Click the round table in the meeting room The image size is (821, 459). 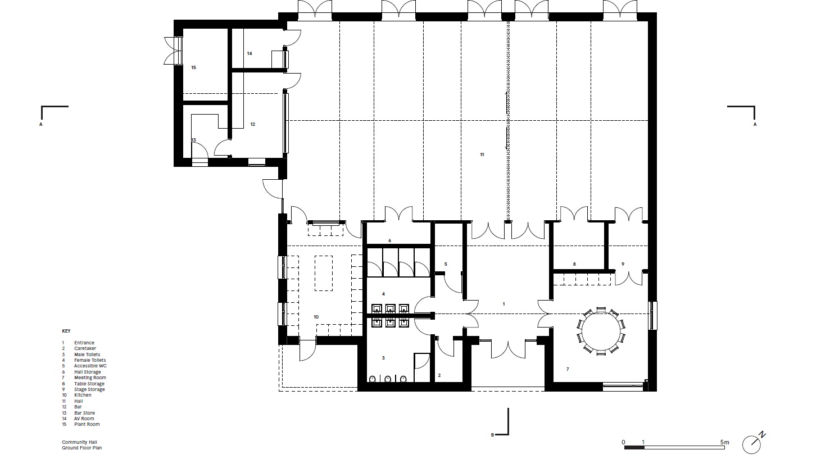600,331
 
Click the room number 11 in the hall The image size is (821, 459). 482,154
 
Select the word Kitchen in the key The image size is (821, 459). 83,395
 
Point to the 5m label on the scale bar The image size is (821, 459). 724,442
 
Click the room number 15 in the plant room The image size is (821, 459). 193,67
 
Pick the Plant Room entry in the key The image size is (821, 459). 87,424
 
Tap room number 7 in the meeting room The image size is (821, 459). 568,369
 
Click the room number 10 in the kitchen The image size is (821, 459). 316,317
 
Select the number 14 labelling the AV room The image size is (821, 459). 249,53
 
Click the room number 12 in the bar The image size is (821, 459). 252,124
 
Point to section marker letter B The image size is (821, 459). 492,435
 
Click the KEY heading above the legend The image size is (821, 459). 66,331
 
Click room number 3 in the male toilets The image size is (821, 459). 383,358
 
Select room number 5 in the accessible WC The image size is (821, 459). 446,264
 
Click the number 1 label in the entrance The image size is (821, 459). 504,304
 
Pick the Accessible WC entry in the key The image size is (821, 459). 90,366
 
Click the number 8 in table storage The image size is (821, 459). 574,264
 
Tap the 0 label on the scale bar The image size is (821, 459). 623,442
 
